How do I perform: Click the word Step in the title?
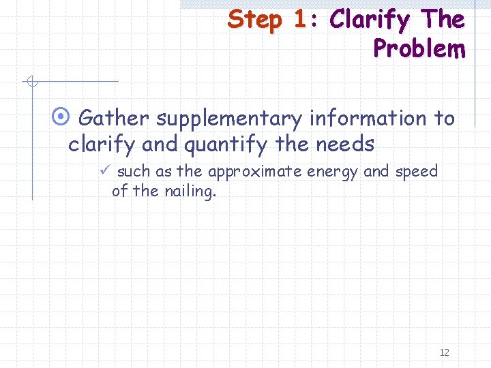tap(255, 20)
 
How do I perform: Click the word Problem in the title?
tap(419, 48)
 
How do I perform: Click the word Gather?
tap(114, 119)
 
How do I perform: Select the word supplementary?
tap(229, 120)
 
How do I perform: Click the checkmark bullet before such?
tap(104, 171)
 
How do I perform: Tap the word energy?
tap(333, 172)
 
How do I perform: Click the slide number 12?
tap(444, 352)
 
